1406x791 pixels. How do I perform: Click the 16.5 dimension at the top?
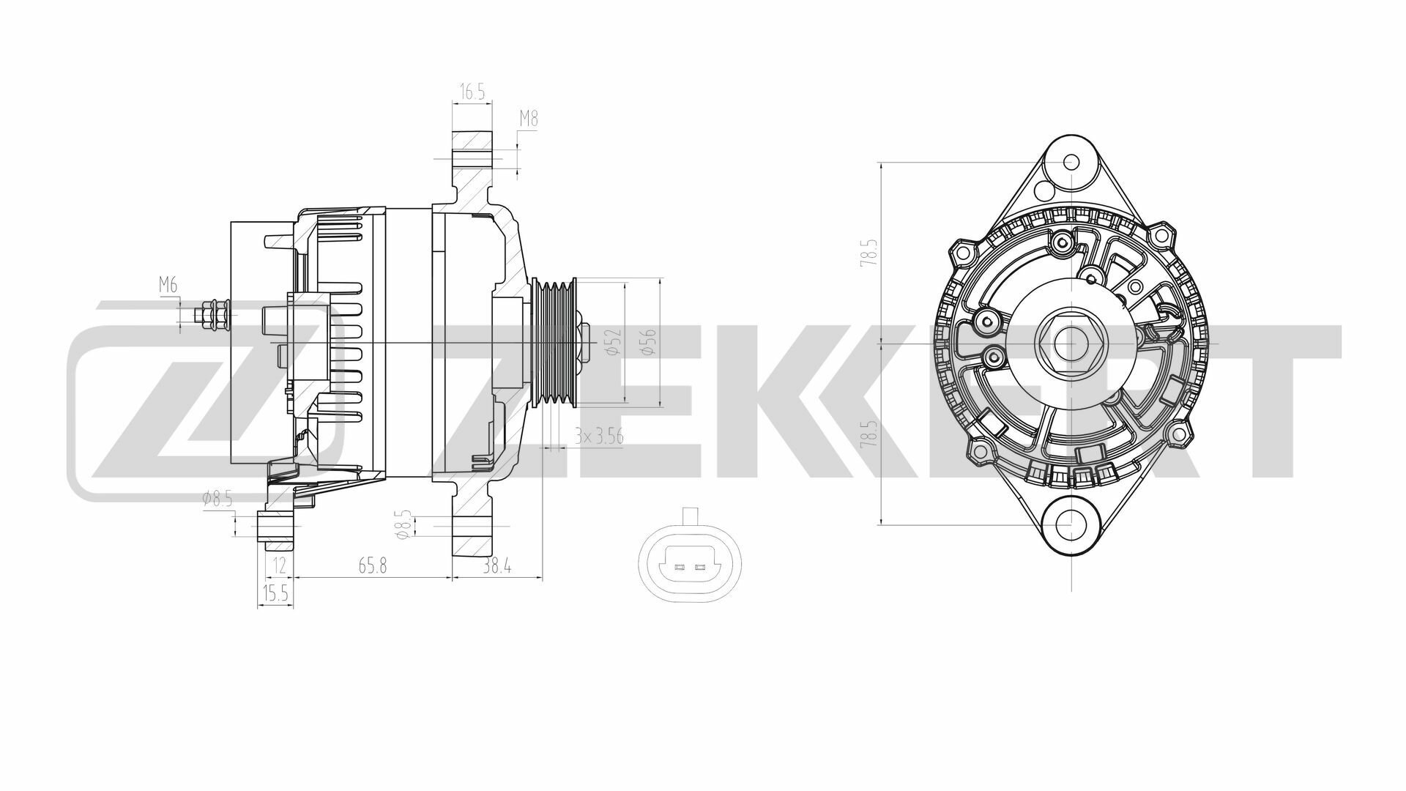472,92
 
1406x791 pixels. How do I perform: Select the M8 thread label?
529,118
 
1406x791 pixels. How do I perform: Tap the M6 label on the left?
168,286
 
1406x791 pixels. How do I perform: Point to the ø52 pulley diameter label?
614,343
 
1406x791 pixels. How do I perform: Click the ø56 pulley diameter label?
649,343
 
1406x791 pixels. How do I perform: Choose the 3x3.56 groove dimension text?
598,437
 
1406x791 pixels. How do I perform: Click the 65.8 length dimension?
372,565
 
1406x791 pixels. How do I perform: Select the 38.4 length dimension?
496,565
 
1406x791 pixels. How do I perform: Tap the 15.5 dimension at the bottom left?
275,594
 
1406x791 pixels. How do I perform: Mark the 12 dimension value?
278,565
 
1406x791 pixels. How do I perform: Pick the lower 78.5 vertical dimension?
868,434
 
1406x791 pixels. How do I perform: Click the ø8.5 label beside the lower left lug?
217,500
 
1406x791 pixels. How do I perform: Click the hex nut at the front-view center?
1070,343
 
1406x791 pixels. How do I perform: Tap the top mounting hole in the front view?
1071,163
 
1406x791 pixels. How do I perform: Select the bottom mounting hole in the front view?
1071,523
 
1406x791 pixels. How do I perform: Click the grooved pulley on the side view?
554,343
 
